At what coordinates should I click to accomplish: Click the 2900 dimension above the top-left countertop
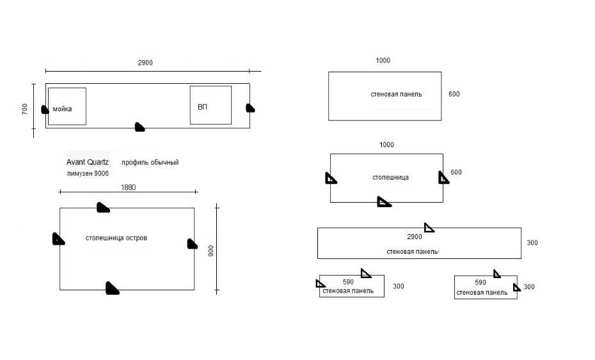(145, 63)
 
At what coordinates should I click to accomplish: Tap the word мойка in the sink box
(62, 109)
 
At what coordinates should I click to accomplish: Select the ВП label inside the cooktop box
(202, 107)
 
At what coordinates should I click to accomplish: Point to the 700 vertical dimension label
(25, 109)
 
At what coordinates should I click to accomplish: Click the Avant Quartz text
(88, 162)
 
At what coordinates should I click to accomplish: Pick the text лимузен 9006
(88, 173)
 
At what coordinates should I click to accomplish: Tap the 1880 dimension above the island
(128, 187)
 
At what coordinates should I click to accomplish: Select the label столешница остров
(116, 238)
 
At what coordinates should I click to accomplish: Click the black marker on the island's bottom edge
(112, 288)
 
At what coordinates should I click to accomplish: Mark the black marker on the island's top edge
(102, 207)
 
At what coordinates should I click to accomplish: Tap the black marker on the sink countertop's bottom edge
(139, 127)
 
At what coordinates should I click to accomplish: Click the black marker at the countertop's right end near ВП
(250, 107)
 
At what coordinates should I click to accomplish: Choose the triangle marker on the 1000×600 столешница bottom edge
(383, 202)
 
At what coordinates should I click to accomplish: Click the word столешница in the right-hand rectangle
(390, 177)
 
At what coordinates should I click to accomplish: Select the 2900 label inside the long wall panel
(414, 237)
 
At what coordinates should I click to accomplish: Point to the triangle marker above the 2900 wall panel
(429, 227)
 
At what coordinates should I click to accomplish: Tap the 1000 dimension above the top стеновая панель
(383, 61)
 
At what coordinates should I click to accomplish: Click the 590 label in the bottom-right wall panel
(480, 282)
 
